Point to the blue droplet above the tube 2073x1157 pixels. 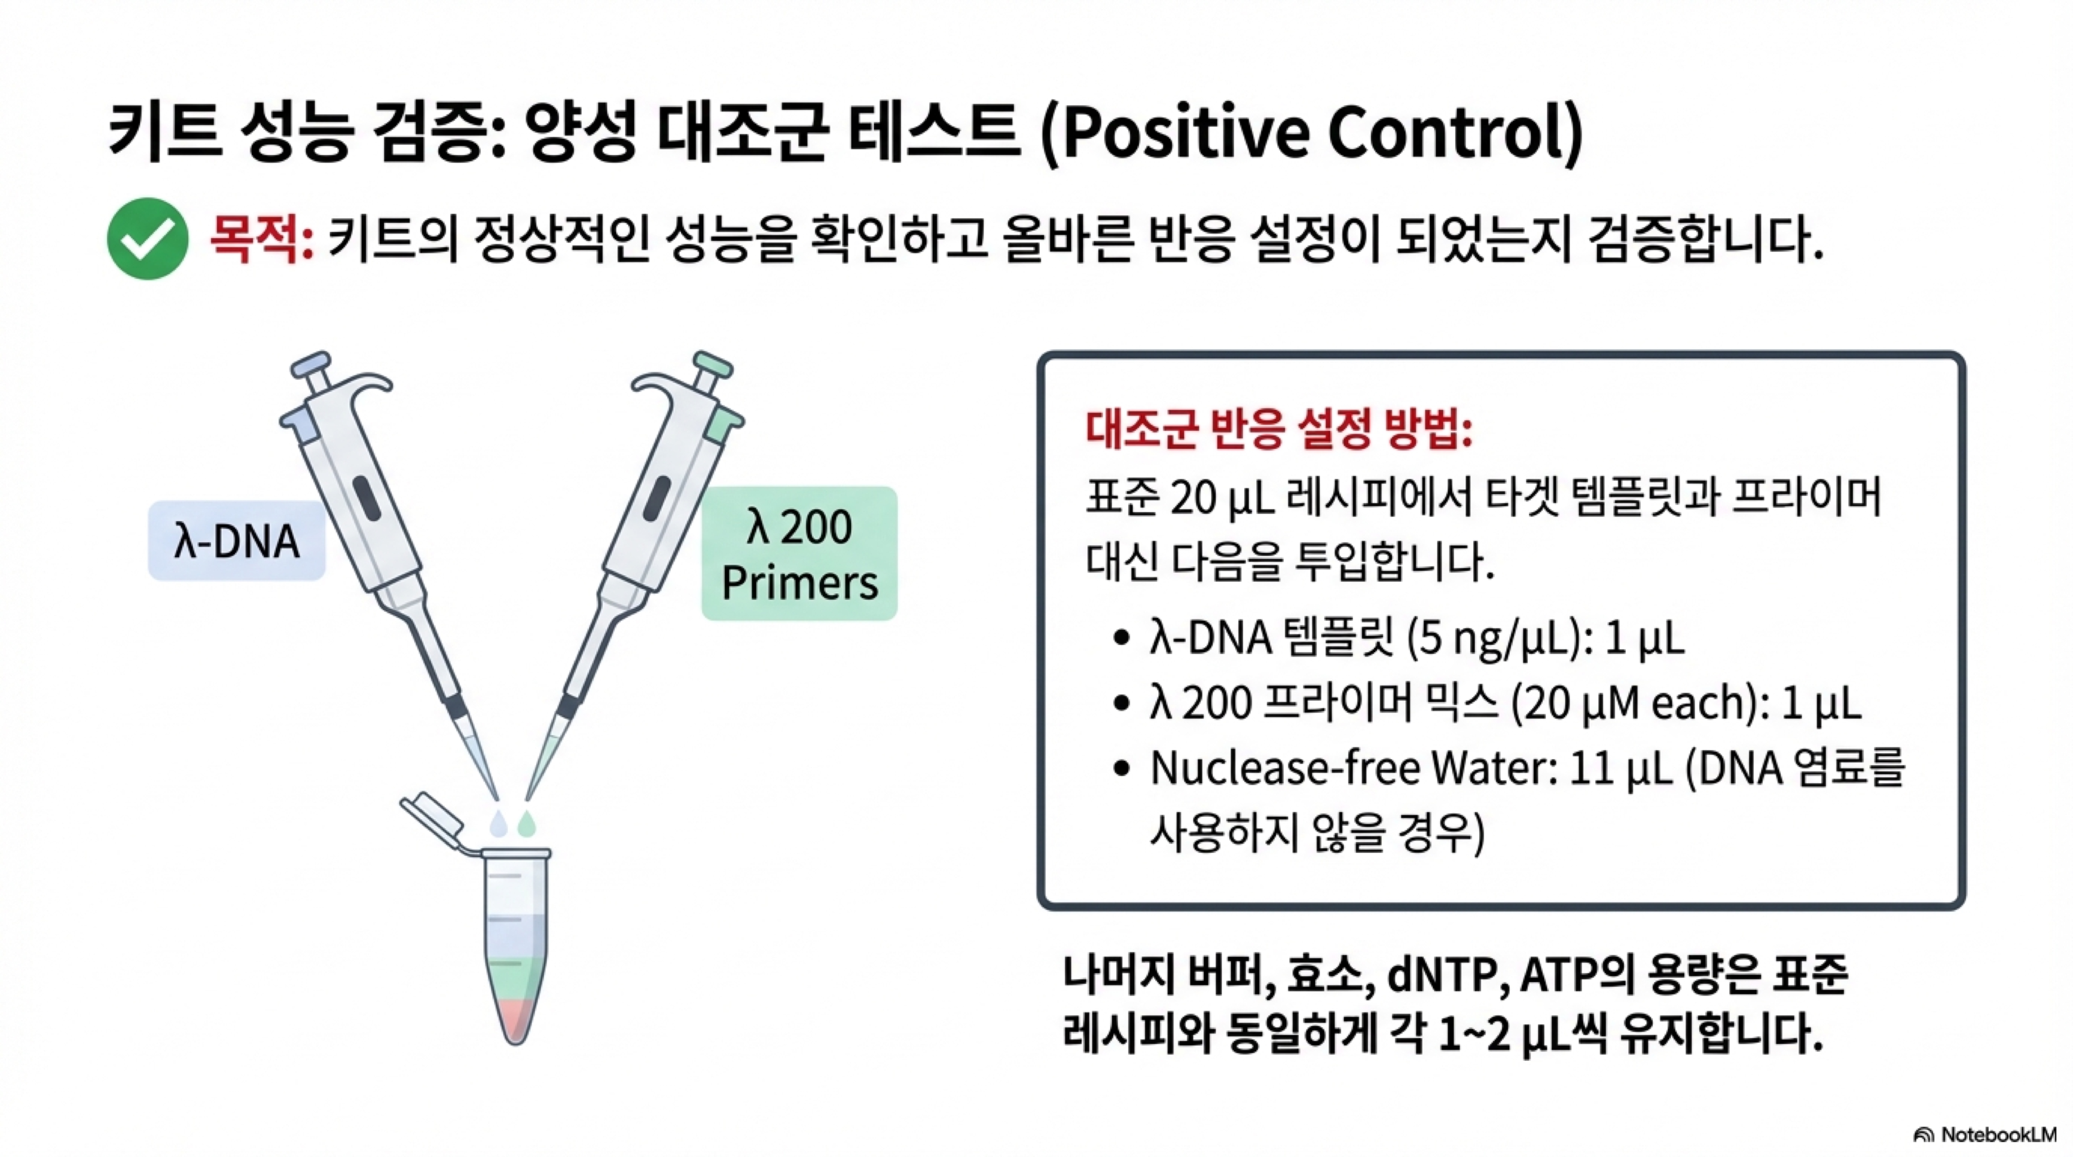pos(499,822)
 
